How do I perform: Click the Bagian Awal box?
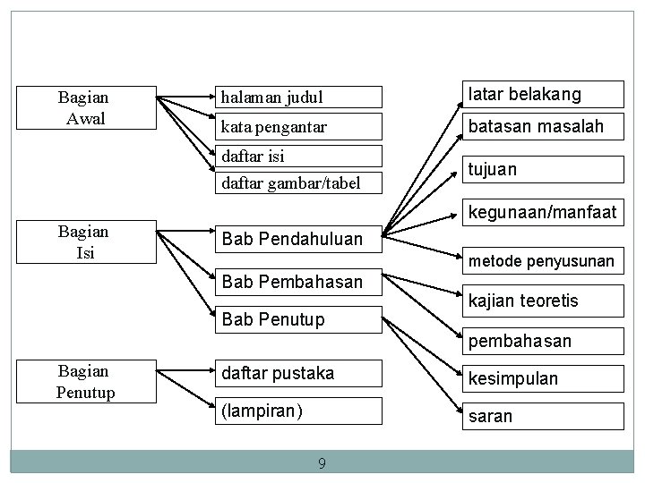(82, 107)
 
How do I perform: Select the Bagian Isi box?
(82, 242)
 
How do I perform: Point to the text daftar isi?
(253, 156)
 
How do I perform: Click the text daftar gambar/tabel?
(290, 183)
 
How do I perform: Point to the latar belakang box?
(541, 94)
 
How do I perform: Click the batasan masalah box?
(541, 127)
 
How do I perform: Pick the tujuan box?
(541, 169)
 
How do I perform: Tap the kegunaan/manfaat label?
(543, 213)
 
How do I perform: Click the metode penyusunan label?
(543, 261)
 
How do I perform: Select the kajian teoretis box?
(541, 301)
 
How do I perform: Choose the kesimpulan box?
(541, 378)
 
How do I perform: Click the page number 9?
(322, 463)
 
